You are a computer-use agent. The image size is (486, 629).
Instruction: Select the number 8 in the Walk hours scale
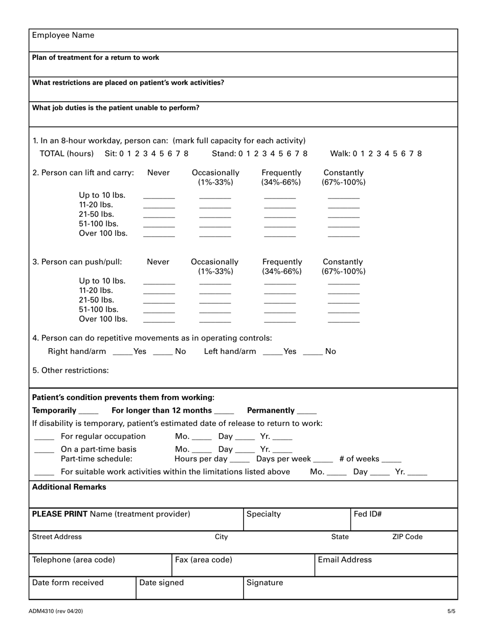[419, 153]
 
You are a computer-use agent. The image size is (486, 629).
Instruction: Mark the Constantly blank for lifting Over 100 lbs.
[343, 235]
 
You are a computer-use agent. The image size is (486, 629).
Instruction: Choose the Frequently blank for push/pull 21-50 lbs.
[280, 302]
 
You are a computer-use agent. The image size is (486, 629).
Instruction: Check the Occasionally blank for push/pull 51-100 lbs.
[215, 311]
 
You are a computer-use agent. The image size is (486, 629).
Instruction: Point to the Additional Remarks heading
[69, 487]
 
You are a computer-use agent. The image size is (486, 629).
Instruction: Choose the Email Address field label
[345, 559]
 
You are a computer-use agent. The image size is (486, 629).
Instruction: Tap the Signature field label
[264, 582]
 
